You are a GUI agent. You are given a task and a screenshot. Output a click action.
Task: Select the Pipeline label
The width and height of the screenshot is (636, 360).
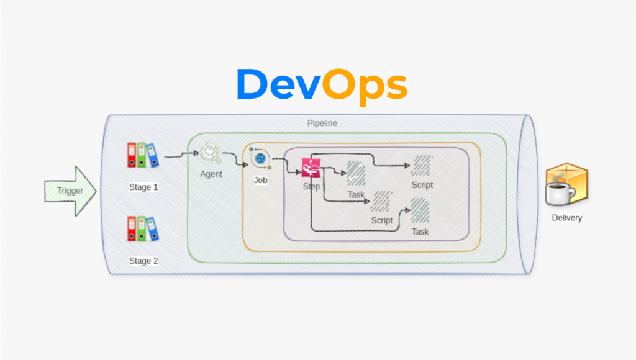(322, 123)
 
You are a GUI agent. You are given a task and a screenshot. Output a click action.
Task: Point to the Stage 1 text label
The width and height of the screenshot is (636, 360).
(143, 187)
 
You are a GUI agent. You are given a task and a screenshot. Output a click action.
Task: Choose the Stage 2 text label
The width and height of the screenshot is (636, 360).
(143, 261)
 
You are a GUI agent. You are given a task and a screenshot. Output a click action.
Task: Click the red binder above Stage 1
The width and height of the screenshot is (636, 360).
(132, 155)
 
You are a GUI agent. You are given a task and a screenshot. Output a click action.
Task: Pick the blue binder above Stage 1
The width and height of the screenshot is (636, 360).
(153, 155)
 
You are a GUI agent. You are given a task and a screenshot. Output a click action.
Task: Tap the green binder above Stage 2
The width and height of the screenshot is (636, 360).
(142, 228)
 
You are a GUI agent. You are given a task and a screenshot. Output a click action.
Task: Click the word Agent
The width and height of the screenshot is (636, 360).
(211, 174)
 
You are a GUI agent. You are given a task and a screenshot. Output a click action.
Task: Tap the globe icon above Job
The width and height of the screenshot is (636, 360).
(260, 159)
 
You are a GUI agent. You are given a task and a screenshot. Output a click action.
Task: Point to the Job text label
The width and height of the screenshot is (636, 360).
(261, 180)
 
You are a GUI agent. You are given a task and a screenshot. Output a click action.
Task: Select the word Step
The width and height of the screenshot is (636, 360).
(311, 186)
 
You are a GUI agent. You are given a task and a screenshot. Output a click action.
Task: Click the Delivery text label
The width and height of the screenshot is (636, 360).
(567, 218)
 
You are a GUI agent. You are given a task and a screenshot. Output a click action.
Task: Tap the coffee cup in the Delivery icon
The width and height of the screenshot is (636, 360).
(558, 194)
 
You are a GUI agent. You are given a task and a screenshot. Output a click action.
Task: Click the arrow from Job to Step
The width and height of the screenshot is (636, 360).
(287, 164)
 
